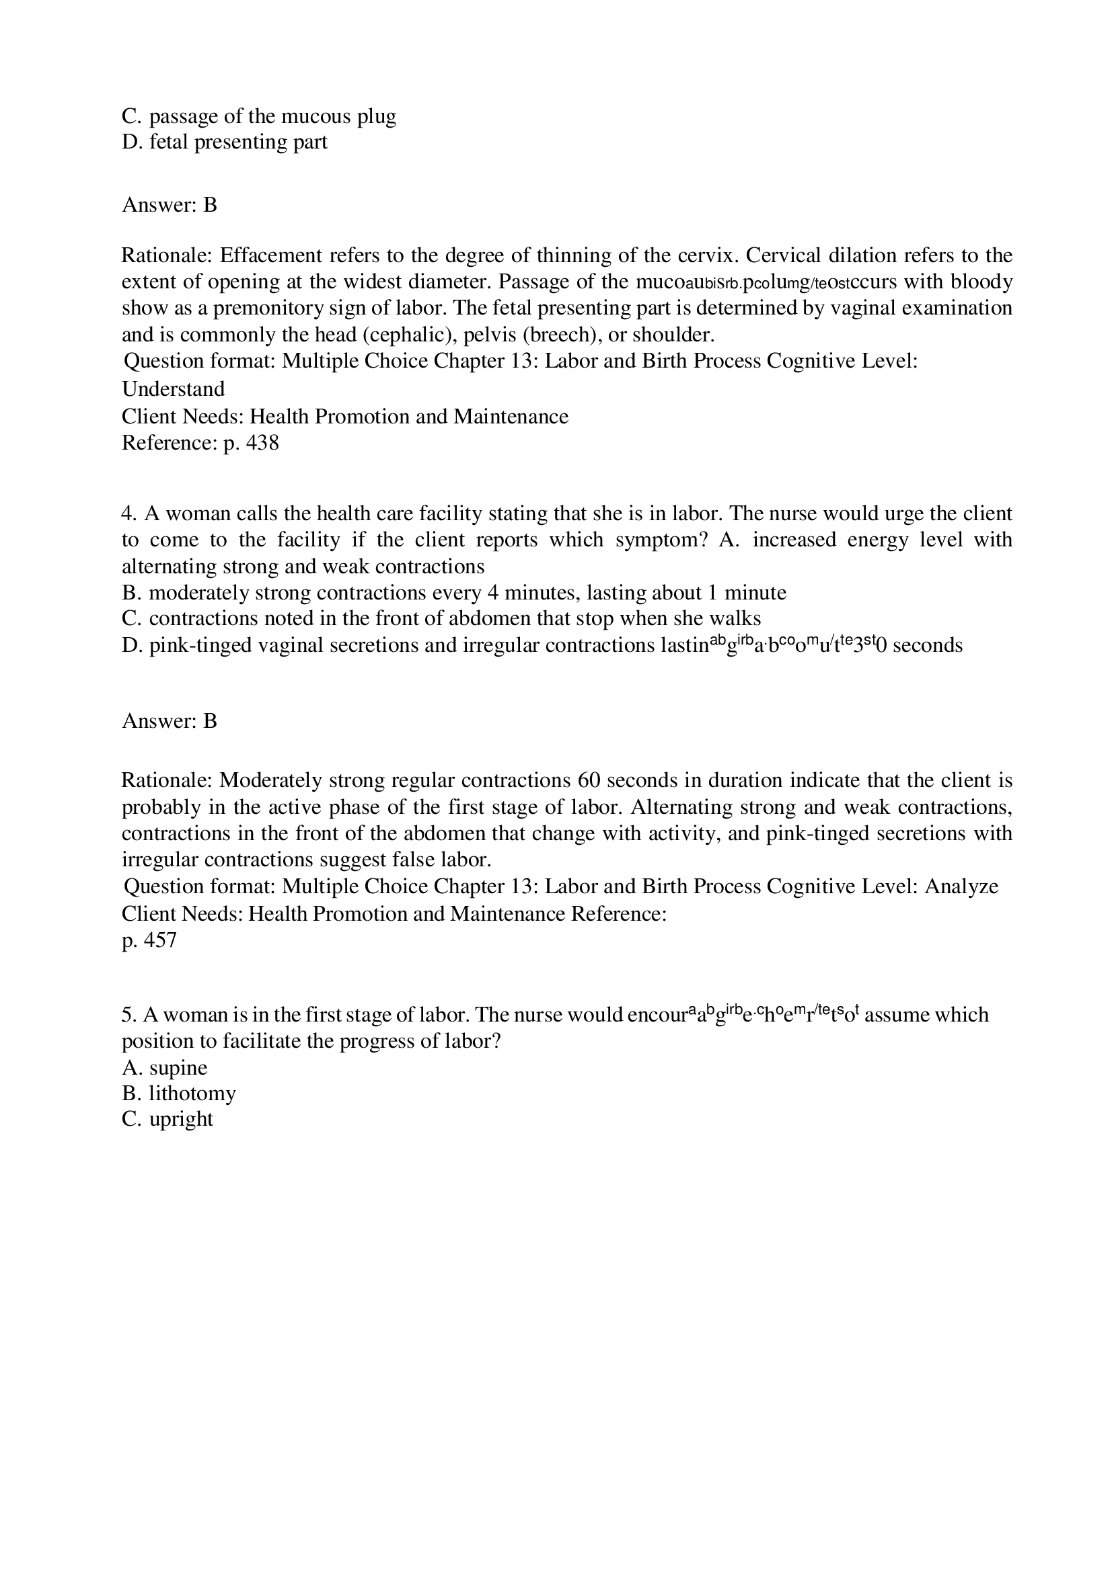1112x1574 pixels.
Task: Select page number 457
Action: click(x=160, y=940)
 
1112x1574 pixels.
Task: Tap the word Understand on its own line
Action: click(x=174, y=388)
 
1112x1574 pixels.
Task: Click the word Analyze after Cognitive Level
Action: click(x=961, y=886)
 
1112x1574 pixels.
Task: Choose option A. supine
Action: click(x=165, y=1067)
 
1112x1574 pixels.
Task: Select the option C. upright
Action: click(x=168, y=1119)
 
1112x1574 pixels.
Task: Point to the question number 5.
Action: click(x=130, y=1015)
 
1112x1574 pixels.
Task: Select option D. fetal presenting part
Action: click(x=224, y=142)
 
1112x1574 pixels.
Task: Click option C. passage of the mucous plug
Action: click(x=258, y=116)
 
